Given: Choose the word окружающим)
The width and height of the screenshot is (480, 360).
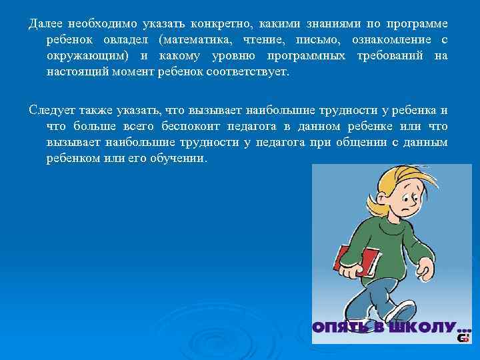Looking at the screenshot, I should pos(88,56).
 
